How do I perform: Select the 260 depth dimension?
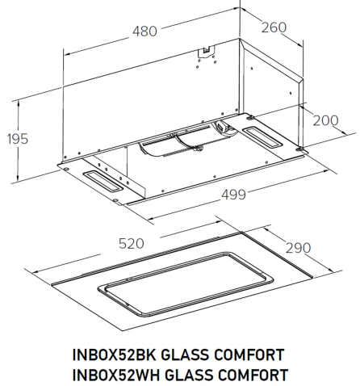click(x=274, y=27)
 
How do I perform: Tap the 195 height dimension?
click(x=14, y=139)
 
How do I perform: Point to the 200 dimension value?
click(x=324, y=120)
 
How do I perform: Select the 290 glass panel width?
click(x=299, y=248)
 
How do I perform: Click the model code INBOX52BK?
click(x=114, y=355)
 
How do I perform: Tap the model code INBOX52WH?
click(x=114, y=374)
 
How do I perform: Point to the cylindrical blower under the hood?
click(x=174, y=147)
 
